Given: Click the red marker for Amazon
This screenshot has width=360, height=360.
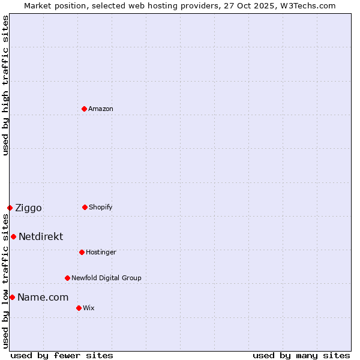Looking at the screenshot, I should (84, 109).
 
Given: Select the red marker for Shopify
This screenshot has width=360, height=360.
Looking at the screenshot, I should (85, 207).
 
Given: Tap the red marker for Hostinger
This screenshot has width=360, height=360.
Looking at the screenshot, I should (82, 252).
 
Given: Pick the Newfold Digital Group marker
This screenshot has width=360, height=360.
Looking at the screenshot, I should (67, 278).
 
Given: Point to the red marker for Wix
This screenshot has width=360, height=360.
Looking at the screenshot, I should (79, 308).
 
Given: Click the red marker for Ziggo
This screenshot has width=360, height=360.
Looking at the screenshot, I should (10, 208).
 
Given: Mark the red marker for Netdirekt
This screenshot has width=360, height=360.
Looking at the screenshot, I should (13, 236).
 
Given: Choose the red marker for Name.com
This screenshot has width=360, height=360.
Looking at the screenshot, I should (12, 297).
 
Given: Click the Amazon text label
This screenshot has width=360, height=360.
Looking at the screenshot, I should (101, 109).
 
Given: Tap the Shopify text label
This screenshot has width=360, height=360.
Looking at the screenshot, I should (101, 207).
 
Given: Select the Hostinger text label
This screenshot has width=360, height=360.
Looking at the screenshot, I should (101, 252).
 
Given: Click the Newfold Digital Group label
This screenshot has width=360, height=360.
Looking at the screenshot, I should (106, 278).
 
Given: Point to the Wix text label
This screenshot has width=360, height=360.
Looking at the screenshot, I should (89, 308).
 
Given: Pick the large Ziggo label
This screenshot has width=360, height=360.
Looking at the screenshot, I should (28, 208).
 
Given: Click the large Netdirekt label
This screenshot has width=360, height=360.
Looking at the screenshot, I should (41, 237).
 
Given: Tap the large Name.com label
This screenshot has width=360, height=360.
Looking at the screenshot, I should (43, 298).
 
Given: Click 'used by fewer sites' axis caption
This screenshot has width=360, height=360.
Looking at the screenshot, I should (62, 355).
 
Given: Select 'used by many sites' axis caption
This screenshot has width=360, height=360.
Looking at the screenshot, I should (301, 355).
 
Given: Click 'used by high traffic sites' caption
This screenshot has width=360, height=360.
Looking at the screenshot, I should (5, 85).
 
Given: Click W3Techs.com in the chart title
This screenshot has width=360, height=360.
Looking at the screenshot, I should (305, 5).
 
